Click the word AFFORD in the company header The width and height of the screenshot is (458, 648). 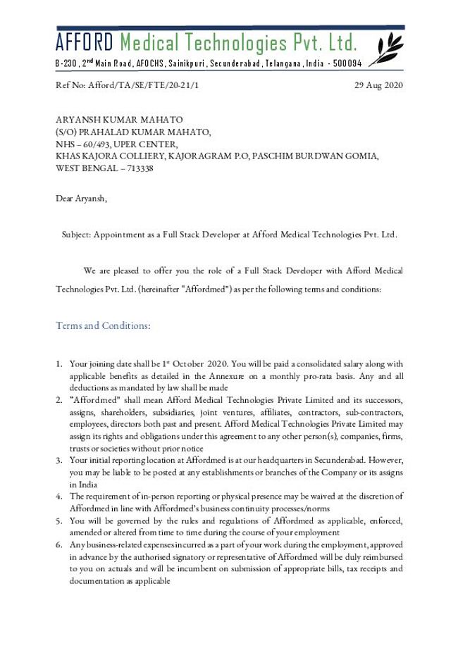[x=84, y=44]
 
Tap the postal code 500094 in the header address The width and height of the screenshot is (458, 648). [x=347, y=63]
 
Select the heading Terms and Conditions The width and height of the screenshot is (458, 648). [x=103, y=325]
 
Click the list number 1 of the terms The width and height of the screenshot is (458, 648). [x=59, y=363]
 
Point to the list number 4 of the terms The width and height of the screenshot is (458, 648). [x=59, y=497]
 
